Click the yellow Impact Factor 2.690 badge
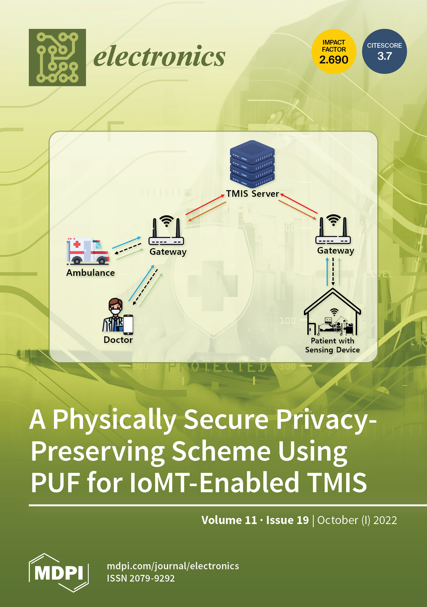(334, 52)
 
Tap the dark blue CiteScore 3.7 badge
(384, 52)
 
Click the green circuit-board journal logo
(57, 57)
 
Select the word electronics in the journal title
(159, 56)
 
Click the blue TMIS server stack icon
(252, 164)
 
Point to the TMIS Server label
(252, 194)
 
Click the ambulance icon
(88, 251)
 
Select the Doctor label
(118, 340)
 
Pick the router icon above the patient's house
(333, 229)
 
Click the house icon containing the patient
(332, 313)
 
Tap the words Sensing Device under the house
(332, 350)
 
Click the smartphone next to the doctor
(128, 325)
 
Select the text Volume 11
(229, 520)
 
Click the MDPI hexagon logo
(59, 573)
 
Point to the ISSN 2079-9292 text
(141, 578)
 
